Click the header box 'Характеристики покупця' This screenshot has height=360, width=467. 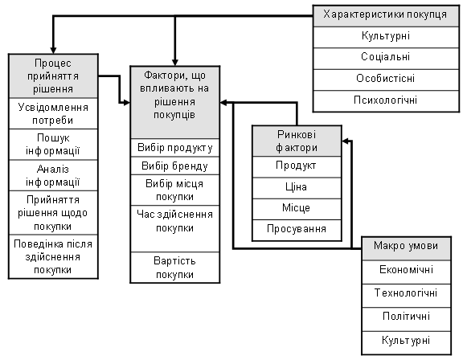tap(386, 16)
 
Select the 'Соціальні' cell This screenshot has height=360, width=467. tap(386, 59)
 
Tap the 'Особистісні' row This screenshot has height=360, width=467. tap(386, 80)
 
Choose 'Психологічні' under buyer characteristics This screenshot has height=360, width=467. tap(386, 101)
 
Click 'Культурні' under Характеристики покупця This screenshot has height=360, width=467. tap(386, 38)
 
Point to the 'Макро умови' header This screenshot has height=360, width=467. tap(406, 248)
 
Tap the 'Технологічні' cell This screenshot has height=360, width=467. tap(406, 296)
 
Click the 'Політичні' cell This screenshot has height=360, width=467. tap(406, 319)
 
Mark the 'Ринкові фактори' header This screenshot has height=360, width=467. tap(297, 141)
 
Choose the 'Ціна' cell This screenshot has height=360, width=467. tap(297, 188)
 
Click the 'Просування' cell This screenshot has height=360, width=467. tap(297, 230)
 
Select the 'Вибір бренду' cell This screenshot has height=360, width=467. tap(175, 166)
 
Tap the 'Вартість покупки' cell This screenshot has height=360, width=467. tap(175, 268)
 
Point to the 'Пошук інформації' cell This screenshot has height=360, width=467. tap(53, 145)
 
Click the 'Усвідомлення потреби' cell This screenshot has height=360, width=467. tap(53, 113)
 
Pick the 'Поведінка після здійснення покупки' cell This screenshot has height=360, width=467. tap(53, 256)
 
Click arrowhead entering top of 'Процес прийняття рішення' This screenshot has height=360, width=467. tap(53, 51)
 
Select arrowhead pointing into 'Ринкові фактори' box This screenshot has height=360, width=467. tap(346, 141)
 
